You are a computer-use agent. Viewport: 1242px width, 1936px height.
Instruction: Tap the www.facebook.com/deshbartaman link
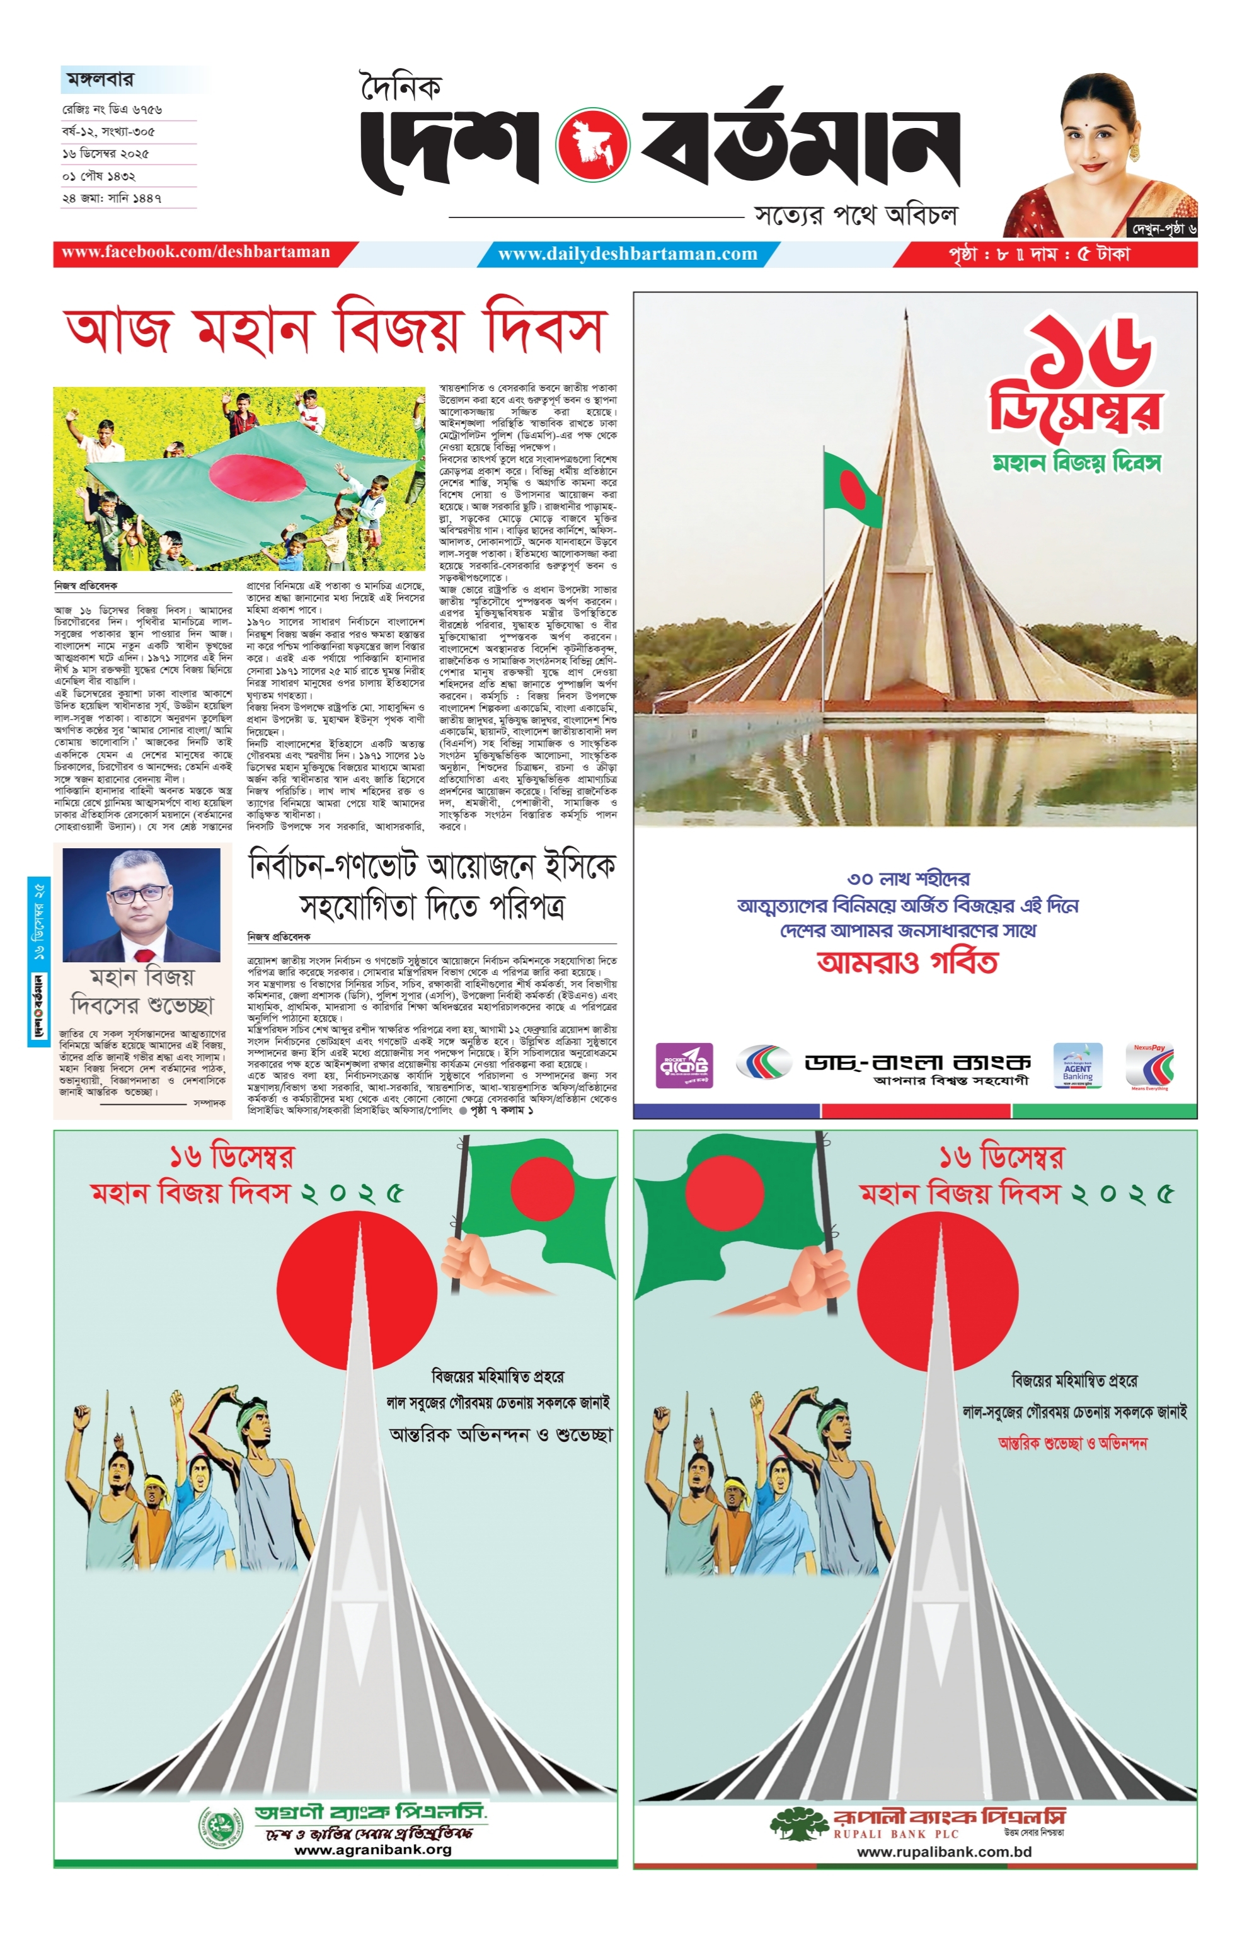(x=196, y=252)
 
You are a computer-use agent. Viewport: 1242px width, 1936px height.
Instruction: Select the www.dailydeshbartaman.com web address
(x=628, y=254)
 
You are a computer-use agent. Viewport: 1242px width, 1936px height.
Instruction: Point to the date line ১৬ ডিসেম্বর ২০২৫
(x=106, y=153)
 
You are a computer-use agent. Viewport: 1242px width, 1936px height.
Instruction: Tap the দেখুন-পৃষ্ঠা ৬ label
(x=1161, y=229)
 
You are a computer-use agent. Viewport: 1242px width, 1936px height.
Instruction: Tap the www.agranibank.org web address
(x=372, y=1849)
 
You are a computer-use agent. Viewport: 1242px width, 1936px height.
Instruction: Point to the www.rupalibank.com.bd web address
(x=943, y=1852)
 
